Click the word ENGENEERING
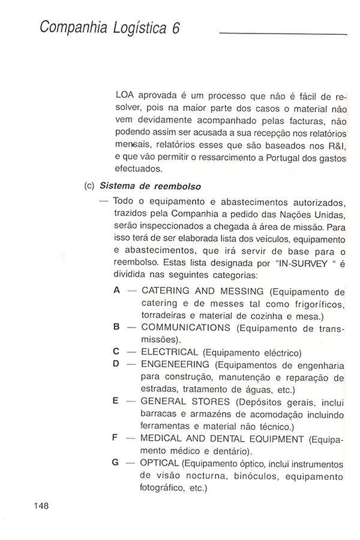click(175, 364)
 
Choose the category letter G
click(116, 463)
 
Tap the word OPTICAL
click(160, 463)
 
